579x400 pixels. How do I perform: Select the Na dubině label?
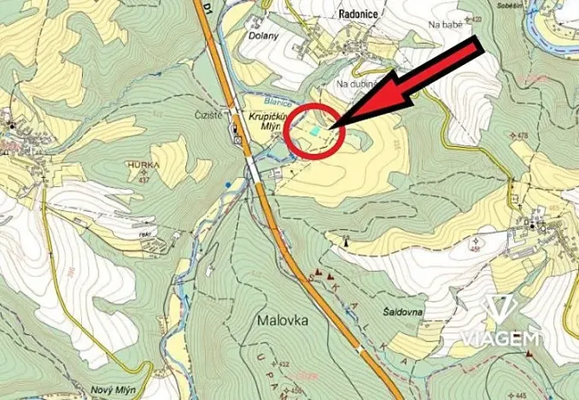coord(357,84)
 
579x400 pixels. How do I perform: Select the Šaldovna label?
coord(401,313)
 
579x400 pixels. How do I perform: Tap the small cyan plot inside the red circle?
coord(317,131)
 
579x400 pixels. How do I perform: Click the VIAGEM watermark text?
coord(501,338)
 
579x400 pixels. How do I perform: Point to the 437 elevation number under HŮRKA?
coord(143,179)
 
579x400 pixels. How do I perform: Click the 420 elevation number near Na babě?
coord(477,19)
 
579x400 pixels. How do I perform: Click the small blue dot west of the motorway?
coord(227,183)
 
